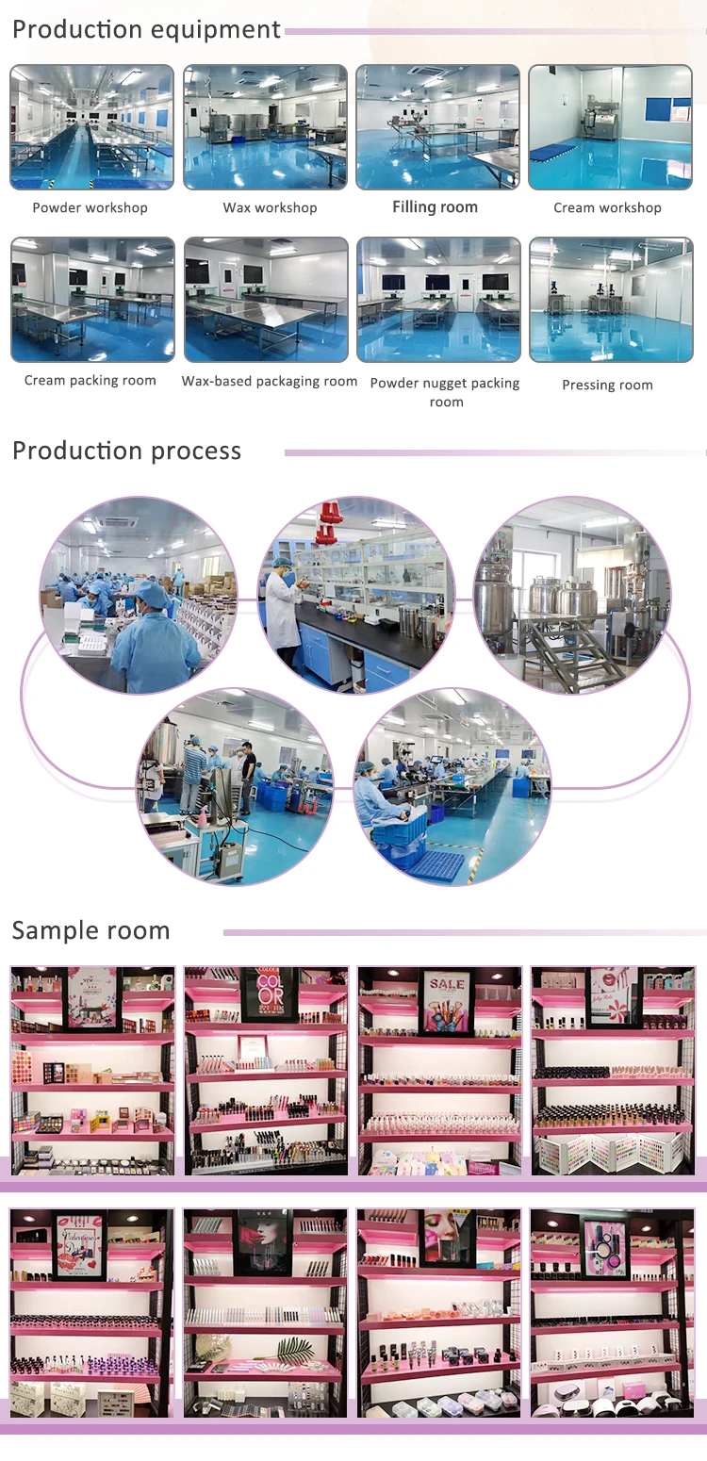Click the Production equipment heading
[x=146, y=30]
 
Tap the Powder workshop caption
[x=90, y=208]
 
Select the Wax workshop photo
[x=266, y=127]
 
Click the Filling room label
[x=435, y=207]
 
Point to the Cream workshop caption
[x=607, y=208]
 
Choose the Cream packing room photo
[x=92, y=300]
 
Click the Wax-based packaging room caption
[x=270, y=382]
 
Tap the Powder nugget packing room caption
[x=445, y=392]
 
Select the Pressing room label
[x=607, y=386]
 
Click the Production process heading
[x=126, y=451]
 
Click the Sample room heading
[x=90, y=931]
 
